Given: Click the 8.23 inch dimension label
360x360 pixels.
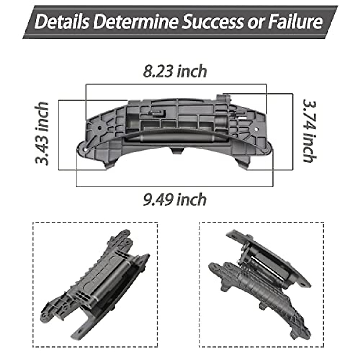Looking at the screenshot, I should coord(175,71).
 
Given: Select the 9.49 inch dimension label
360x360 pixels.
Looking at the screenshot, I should coord(175,200).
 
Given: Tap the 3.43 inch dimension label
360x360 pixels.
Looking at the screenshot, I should coord(42,133).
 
